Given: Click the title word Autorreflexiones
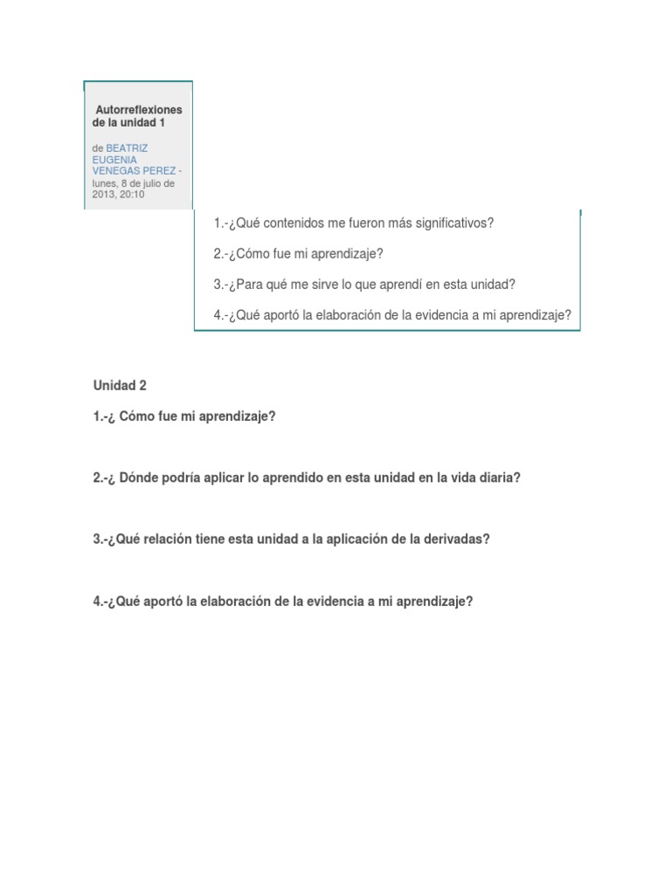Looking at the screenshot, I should (139, 110).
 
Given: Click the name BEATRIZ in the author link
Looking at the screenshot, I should (127, 148).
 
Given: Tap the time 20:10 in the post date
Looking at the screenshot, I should (133, 194).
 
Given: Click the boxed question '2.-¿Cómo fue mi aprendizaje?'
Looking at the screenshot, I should (299, 254).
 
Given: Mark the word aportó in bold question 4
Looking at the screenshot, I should (162, 602).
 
